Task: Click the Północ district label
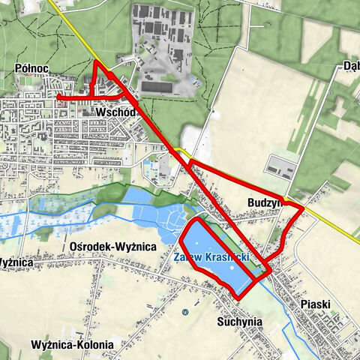tap(31, 69)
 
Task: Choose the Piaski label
tap(315, 304)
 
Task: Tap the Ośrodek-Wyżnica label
tap(112, 246)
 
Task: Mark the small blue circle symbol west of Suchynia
tap(185, 311)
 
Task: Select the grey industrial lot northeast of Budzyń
tap(279, 167)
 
